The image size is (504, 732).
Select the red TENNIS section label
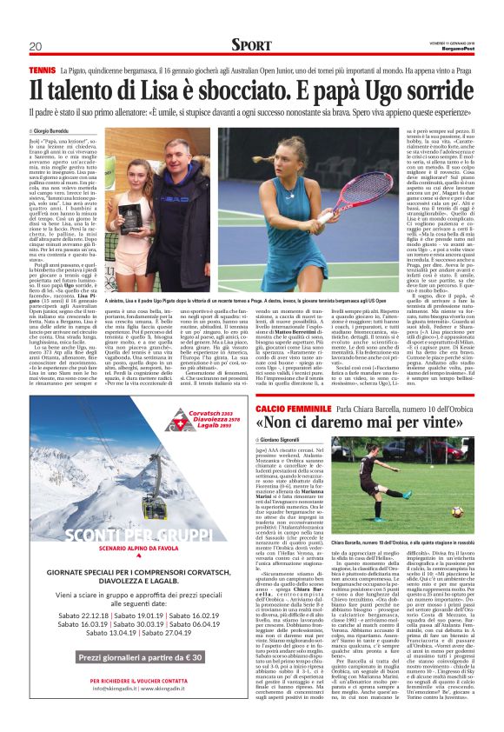point(41,68)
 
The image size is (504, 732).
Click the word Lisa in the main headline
point(175,90)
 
